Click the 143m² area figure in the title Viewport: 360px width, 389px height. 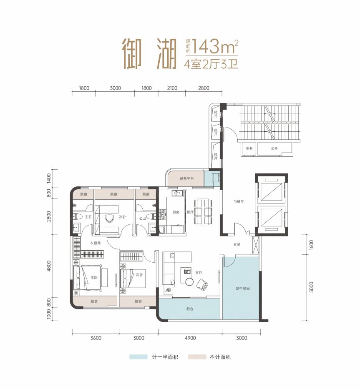(x=214, y=46)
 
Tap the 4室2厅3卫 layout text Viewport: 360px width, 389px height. (x=211, y=64)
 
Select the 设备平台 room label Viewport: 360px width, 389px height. (x=187, y=178)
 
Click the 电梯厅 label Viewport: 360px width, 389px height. (x=239, y=201)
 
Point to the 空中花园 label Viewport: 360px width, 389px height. (x=242, y=288)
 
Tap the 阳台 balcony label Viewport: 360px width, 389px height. (x=190, y=309)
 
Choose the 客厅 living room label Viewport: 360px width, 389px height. (x=199, y=272)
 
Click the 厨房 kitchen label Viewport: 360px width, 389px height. (x=176, y=212)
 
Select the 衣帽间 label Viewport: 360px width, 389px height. (x=96, y=243)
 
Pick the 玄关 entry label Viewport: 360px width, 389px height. (x=237, y=244)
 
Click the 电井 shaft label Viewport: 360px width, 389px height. (x=249, y=148)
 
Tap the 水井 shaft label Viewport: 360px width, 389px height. (x=274, y=148)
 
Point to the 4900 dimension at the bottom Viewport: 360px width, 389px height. (x=190, y=338)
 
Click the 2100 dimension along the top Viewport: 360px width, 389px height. (x=172, y=88)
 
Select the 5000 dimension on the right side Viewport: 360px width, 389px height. (x=311, y=287)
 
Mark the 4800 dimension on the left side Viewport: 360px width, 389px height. (x=49, y=266)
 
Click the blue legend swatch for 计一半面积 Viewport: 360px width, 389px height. (x=138, y=357)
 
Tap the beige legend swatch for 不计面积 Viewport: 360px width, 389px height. (x=197, y=357)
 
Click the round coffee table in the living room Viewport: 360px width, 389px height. (x=189, y=281)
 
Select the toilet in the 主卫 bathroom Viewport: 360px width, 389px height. (x=78, y=216)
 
